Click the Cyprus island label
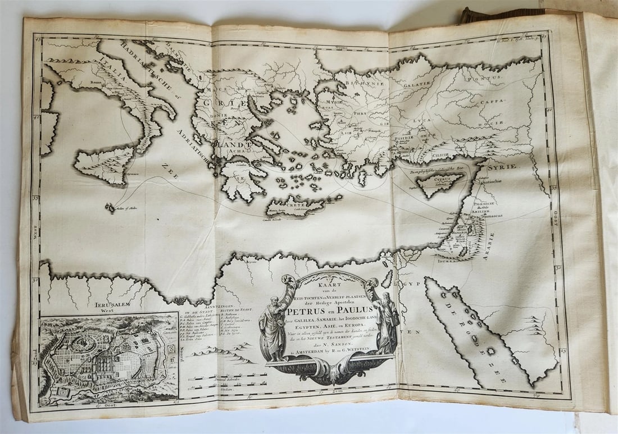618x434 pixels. click(443, 179)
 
